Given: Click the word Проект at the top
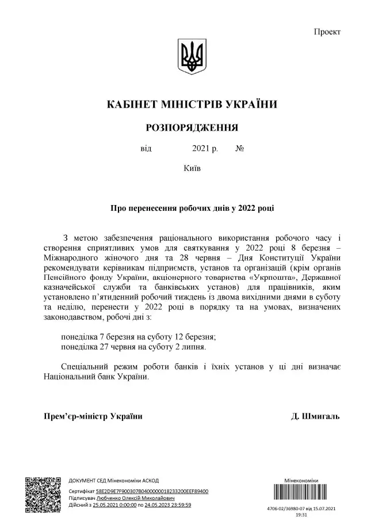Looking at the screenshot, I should (327, 31).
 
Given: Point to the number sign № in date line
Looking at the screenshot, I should (240, 149).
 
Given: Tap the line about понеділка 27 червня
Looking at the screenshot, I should (133, 347).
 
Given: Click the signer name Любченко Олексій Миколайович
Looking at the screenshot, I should (133, 498).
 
